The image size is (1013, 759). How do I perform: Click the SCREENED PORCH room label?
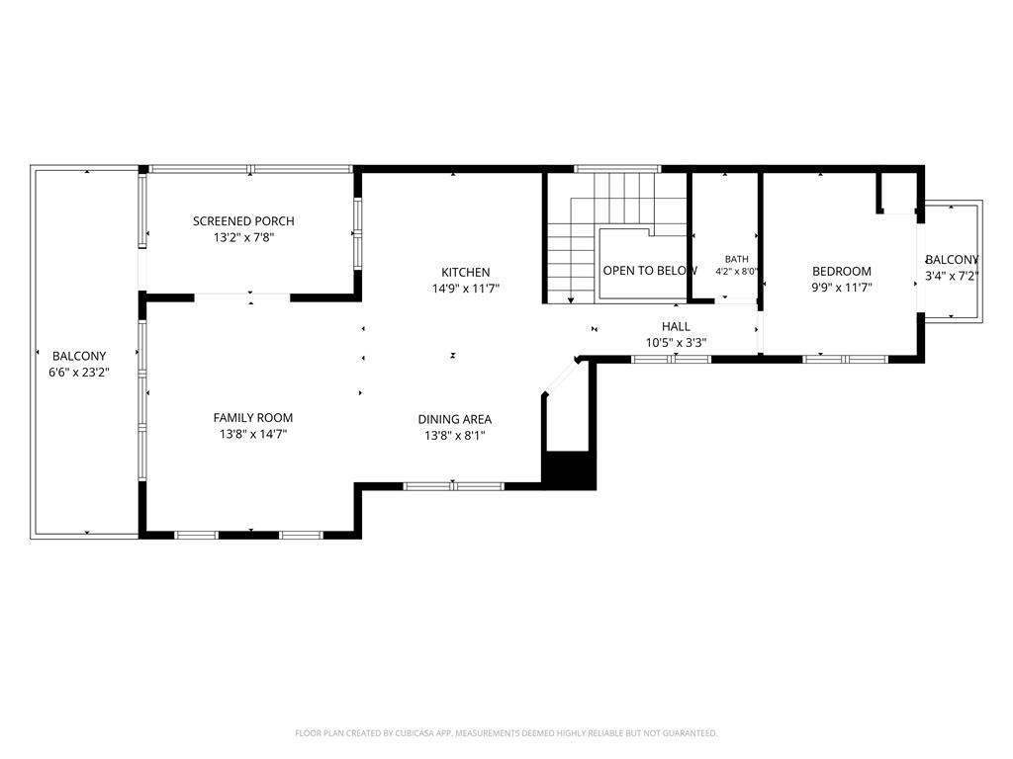point(243,220)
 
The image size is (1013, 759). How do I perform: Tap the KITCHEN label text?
point(465,273)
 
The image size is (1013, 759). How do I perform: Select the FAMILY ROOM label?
point(252,418)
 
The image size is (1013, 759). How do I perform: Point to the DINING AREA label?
point(455,419)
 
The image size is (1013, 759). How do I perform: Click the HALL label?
point(676,326)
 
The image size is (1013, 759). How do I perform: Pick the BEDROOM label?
point(842,271)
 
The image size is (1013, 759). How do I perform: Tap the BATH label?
point(736,259)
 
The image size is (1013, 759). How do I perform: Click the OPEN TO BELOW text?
point(650,271)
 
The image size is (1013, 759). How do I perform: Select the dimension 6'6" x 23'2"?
point(79,373)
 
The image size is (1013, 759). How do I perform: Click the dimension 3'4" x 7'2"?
point(953,277)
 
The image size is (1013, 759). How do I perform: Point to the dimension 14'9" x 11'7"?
point(465,289)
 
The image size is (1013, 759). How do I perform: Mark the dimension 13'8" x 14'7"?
point(252,435)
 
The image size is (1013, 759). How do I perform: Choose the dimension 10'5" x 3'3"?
point(676,343)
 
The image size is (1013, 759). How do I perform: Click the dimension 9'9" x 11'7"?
point(842,288)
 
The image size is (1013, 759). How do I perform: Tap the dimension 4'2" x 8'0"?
point(736,272)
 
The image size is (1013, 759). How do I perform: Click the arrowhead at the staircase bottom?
point(571,300)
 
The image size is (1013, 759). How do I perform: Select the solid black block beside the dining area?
point(569,470)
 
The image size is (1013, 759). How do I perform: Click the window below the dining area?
point(453,486)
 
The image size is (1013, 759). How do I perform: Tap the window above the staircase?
point(617,169)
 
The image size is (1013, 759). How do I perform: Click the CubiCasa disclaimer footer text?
point(506,733)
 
